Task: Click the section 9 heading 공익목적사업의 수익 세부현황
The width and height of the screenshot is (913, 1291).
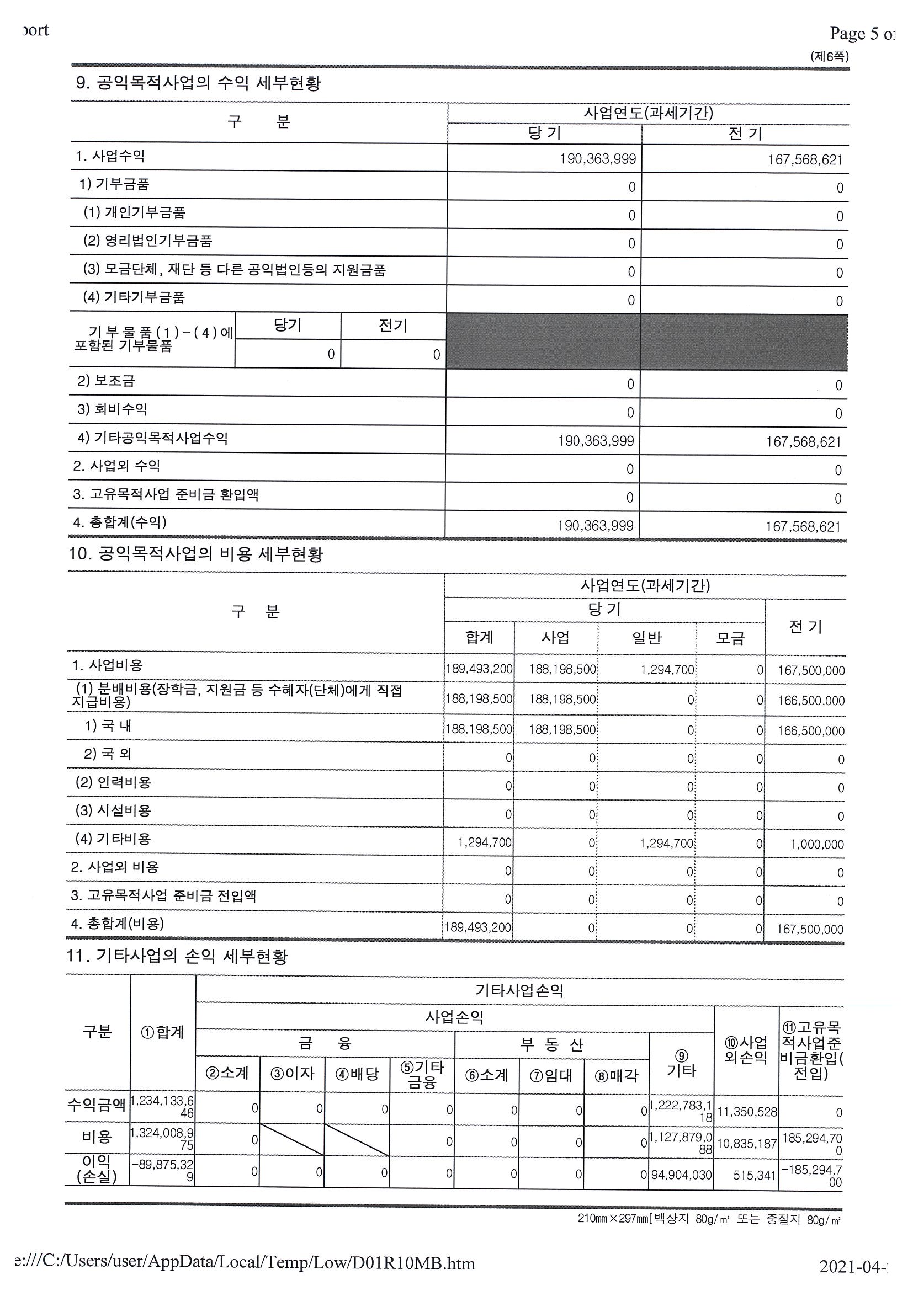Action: [198, 83]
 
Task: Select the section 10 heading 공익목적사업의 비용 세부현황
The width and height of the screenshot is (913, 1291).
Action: [196, 554]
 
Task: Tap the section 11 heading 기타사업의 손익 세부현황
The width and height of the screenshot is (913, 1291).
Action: [177, 956]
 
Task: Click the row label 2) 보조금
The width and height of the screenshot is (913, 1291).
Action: [107, 381]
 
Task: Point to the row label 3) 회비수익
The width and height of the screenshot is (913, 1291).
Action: [112, 409]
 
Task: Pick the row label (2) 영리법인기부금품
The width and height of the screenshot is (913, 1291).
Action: [147, 241]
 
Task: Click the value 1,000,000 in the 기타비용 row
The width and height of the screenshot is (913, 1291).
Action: [817, 844]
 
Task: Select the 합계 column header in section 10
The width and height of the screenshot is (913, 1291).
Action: [479, 637]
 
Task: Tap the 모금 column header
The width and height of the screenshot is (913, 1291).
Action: [730, 638]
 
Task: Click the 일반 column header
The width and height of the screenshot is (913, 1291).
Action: [647, 638]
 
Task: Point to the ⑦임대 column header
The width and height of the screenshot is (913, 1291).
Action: [551, 1075]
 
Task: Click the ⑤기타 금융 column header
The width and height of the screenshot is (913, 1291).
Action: [422, 1075]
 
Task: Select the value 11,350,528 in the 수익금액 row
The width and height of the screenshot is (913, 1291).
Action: [746, 1112]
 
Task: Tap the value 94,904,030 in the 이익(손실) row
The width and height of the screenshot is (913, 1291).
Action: [681, 1175]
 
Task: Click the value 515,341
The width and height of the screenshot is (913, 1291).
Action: [754, 1175]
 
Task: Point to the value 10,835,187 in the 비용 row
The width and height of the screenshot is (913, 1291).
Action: [746, 1143]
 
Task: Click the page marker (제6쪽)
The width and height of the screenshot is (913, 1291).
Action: [829, 56]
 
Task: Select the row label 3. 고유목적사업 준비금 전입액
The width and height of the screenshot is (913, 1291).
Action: [164, 895]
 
